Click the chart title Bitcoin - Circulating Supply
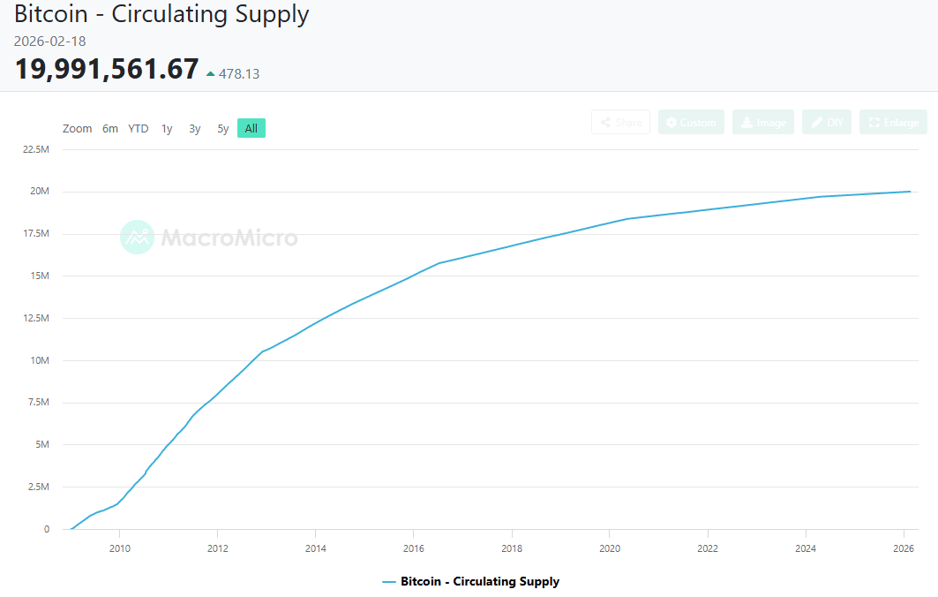click(x=161, y=14)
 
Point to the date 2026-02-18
click(x=49, y=42)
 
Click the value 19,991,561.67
click(x=107, y=69)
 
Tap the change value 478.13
click(x=239, y=74)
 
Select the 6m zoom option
click(x=109, y=128)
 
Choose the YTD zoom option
click(x=139, y=128)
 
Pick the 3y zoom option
click(x=194, y=128)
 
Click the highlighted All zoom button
click(x=251, y=128)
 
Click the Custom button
click(x=691, y=122)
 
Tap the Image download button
click(x=763, y=122)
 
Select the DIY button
click(x=827, y=122)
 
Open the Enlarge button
click(x=893, y=122)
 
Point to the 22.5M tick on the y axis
click(x=35, y=149)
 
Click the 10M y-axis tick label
click(x=41, y=360)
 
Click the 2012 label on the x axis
click(x=217, y=548)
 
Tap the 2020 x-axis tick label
click(x=609, y=548)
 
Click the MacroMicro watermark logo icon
click(x=137, y=238)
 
